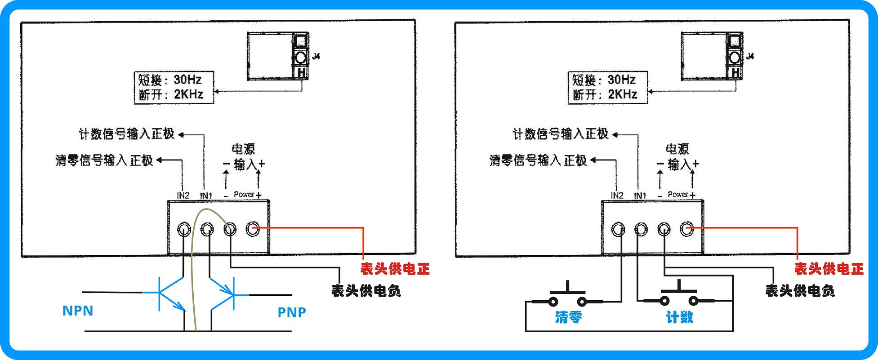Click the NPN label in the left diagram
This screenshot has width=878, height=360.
click(78, 311)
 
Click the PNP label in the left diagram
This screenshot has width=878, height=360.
click(292, 312)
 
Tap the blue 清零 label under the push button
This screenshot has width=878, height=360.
click(569, 317)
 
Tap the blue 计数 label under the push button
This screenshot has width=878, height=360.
click(679, 317)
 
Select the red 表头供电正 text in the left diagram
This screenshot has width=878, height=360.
click(395, 269)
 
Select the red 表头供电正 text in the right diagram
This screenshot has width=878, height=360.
click(829, 269)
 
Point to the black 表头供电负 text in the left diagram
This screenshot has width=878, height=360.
click(366, 291)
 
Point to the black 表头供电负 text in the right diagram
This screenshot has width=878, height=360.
click(800, 291)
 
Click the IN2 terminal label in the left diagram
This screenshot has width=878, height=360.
click(183, 196)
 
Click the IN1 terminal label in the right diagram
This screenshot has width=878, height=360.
click(640, 196)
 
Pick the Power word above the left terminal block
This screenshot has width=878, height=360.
click(244, 195)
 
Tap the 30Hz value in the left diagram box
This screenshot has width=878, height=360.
click(188, 80)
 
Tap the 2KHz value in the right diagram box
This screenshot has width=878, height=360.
click(623, 94)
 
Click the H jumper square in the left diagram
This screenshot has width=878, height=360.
click(301, 72)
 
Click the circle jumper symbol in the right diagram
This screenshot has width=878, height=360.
click(735, 58)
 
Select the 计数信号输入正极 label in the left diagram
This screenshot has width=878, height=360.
click(126, 134)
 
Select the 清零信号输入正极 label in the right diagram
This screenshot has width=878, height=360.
click(538, 160)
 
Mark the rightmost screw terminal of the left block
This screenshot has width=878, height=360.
click(253, 229)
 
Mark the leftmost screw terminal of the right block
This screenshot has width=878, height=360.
click(618, 230)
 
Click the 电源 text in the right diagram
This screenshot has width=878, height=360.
click(677, 149)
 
